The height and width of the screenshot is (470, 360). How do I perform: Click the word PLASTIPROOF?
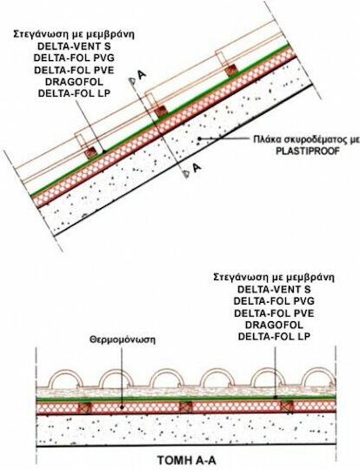[308, 151]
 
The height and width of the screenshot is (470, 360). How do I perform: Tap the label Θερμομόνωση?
[123, 340]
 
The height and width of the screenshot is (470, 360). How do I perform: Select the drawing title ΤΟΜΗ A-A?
[186, 460]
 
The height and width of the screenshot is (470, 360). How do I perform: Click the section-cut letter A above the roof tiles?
[142, 75]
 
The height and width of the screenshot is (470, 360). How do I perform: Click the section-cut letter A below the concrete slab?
[197, 168]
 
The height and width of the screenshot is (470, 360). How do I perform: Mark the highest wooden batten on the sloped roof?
[231, 70]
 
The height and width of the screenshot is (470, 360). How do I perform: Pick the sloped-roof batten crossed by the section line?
[161, 111]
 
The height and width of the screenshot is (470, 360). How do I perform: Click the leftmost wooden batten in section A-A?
[84, 407]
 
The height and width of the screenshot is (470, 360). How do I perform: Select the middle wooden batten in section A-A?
[186, 407]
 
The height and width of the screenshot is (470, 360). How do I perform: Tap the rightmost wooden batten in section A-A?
[287, 407]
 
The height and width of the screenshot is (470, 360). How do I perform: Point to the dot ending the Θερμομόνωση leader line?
[122, 407]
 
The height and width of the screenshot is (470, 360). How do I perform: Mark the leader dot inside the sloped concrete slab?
[199, 138]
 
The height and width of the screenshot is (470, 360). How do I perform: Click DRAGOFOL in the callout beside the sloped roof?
[74, 82]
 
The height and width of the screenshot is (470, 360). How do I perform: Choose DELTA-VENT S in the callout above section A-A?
[274, 289]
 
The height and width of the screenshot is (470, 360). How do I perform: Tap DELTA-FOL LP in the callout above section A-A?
[274, 336]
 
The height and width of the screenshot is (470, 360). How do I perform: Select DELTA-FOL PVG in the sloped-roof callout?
[74, 57]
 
